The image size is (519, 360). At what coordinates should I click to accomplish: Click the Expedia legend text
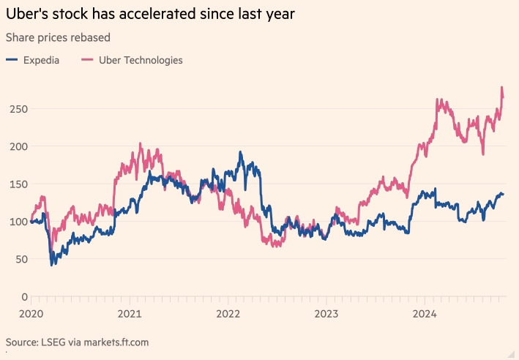coord(40,60)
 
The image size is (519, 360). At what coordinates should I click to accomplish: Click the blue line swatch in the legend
coord(12,60)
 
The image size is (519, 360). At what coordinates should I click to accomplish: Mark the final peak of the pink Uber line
coord(501,87)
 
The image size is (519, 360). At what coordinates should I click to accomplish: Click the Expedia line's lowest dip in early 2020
coord(51,264)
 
